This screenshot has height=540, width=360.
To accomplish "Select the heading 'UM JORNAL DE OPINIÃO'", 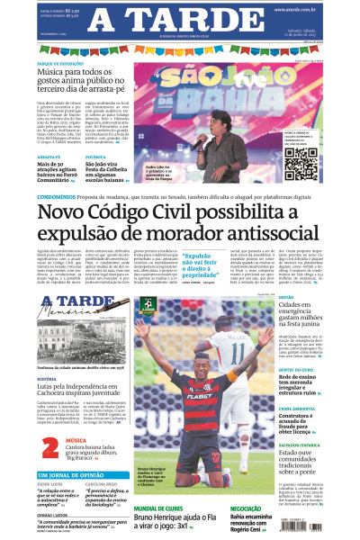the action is (72, 474).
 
